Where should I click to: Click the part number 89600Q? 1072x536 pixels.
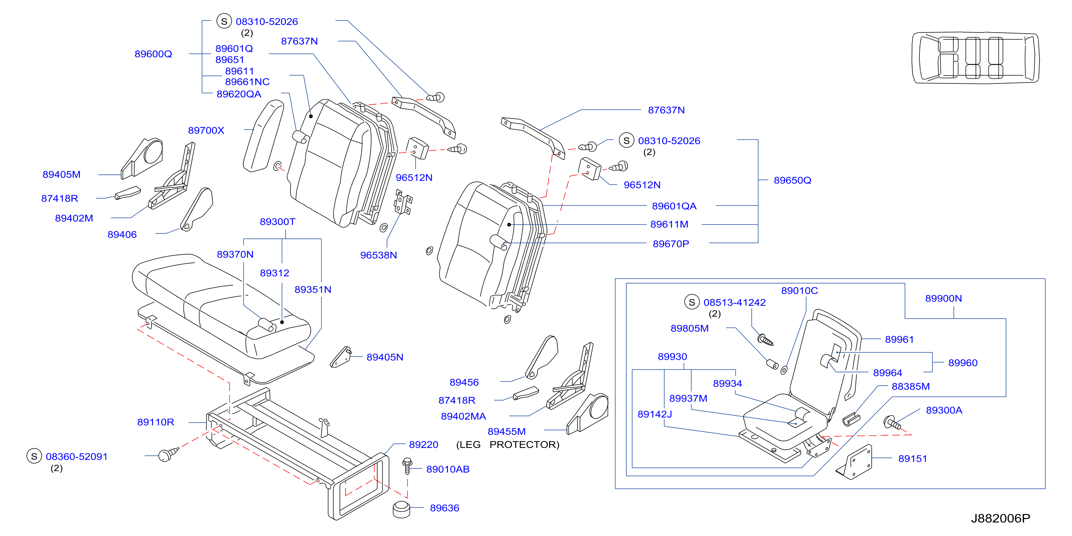153,54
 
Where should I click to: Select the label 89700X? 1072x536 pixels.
206,131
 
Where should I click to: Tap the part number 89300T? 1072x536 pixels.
278,222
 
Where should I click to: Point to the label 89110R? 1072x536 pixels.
155,422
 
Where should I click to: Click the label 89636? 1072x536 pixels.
444,508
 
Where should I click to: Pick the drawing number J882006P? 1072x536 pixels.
1000,518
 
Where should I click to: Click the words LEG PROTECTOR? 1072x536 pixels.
508,445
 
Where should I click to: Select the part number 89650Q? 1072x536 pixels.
793,180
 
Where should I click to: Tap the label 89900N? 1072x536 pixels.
943,298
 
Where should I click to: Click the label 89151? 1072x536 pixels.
913,459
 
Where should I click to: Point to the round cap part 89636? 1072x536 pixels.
401,509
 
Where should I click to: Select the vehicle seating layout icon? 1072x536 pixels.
975,57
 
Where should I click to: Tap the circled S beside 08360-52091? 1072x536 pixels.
34,456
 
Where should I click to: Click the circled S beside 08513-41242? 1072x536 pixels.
692,302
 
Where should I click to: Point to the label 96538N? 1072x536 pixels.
378,255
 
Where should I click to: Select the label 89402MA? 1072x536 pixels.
463,416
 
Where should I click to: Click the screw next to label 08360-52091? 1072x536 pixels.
168,454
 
